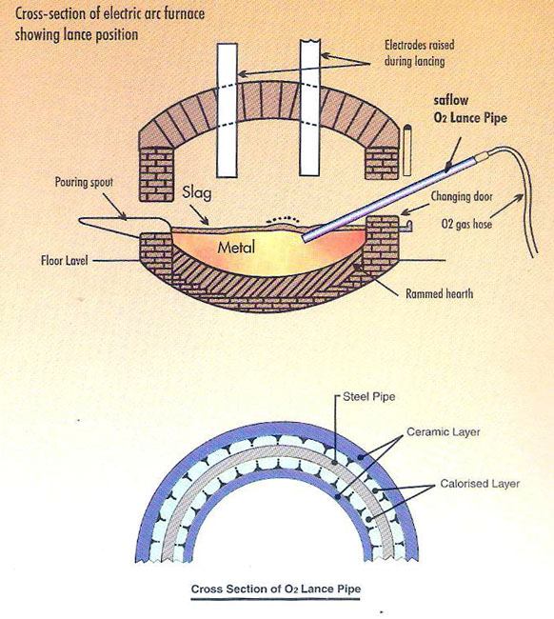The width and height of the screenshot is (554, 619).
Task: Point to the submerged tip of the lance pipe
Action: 307,240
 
